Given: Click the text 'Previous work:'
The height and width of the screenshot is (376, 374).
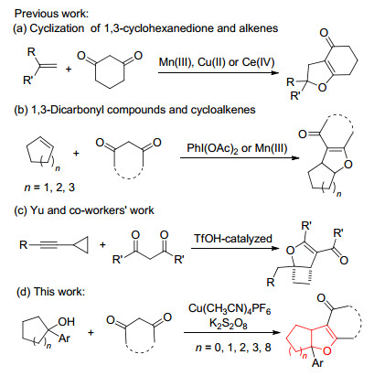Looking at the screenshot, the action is tap(51, 14).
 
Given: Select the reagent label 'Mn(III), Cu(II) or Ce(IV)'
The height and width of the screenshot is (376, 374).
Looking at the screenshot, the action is tap(217, 62).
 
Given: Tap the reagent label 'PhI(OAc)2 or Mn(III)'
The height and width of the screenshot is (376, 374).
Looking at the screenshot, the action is tap(237, 148).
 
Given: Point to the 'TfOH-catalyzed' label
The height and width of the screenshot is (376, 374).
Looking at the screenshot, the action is tap(233, 238).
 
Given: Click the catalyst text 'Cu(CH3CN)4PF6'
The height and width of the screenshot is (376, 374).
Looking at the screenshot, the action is tap(230, 308).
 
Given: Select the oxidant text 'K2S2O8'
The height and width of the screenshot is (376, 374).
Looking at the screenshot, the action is tap(228, 323).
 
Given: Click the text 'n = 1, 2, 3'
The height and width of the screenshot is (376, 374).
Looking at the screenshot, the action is tap(49, 187).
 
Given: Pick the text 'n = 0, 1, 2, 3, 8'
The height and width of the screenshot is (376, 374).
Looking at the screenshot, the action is tap(233, 348).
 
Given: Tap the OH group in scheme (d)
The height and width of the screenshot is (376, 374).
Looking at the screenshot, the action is tap(66, 321).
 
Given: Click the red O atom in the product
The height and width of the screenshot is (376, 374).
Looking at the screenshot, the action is tap(326, 351).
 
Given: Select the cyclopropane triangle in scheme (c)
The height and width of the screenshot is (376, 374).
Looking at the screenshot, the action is tap(81, 245).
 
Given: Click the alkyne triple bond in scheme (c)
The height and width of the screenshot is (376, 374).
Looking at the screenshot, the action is tap(48, 244).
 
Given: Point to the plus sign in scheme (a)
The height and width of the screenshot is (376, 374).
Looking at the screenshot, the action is tap(69, 70).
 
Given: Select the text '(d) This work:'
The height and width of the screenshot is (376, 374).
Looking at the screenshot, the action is tap(50, 292).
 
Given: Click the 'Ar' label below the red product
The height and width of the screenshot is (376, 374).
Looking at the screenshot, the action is tap(317, 363).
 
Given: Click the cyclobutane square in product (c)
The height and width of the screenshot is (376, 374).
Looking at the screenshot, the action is tap(302, 276).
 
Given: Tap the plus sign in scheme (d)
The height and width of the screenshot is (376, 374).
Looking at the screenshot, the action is tap(91, 333).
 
